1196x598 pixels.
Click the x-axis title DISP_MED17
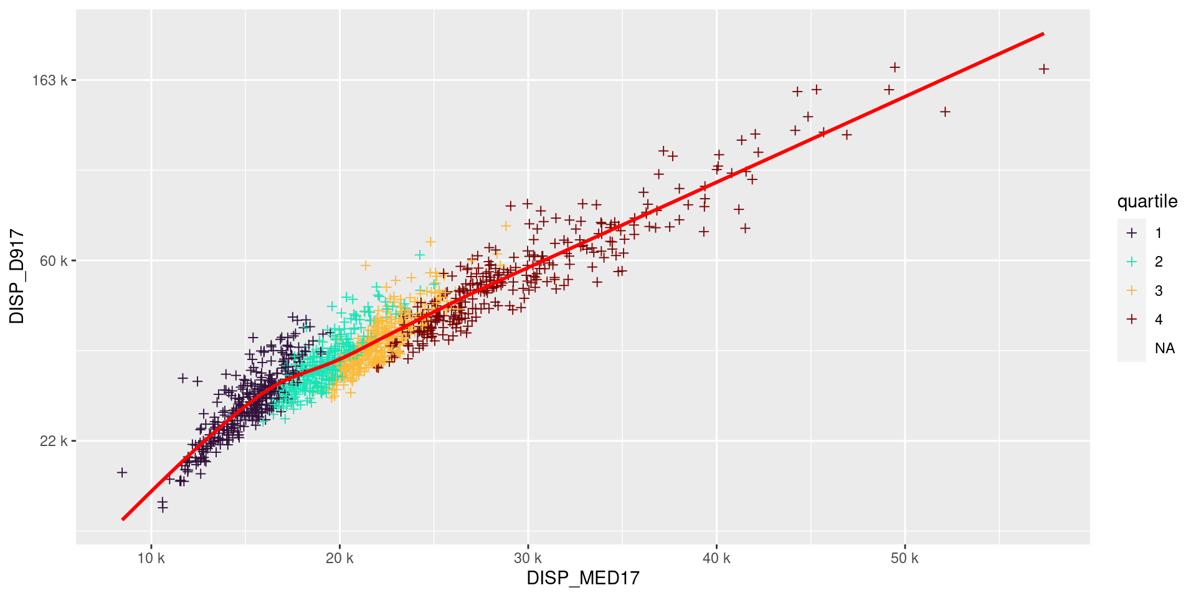tap(583, 578)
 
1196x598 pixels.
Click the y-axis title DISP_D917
tap(17, 277)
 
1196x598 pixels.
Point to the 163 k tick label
tap(50, 80)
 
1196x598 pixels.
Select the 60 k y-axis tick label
tap(54, 260)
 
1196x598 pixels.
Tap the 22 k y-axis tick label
tap(54, 441)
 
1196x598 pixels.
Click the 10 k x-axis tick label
tap(151, 558)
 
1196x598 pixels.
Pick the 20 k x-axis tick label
tap(339, 558)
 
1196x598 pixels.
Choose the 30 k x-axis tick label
tap(528, 558)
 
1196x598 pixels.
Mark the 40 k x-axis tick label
tap(716, 558)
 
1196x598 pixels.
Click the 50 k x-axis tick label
tap(904, 558)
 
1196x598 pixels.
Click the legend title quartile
tap(1147, 202)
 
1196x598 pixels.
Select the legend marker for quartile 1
tap(1132, 233)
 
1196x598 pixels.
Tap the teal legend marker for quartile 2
tap(1132, 262)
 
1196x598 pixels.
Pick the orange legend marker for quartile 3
tap(1132, 290)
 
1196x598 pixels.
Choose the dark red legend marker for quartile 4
tap(1132, 320)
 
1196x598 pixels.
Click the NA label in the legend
tap(1164, 348)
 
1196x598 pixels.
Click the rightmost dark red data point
tap(1044, 69)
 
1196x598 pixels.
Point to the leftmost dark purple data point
tap(122, 472)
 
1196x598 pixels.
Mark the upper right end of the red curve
tap(1043, 34)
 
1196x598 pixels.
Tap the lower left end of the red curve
tap(123, 519)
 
